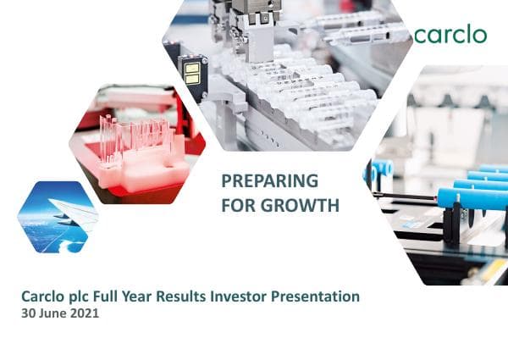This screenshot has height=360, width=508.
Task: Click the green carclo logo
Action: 450,35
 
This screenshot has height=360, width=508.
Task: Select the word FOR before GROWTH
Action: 238,205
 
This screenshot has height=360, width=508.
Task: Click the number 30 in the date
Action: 30,313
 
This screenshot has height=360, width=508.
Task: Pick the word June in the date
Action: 55,313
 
